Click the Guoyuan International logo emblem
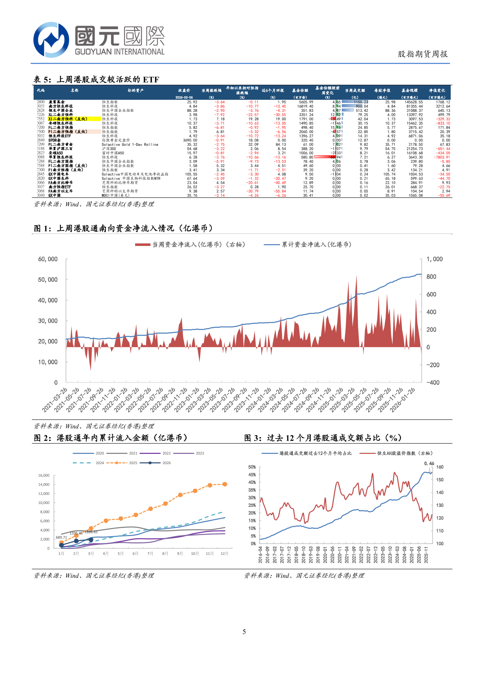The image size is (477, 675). click(x=51, y=39)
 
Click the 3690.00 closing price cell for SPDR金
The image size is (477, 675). click(x=190, y=140)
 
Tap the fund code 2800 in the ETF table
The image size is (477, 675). click(x=41, y=102)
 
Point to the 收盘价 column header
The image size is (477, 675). click(x=184, y=90)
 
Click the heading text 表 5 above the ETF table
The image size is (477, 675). click(x=42, y=79)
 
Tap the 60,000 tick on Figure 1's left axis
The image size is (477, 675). click(x=48, y=259)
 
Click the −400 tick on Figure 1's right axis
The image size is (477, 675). click(x=433, y=382)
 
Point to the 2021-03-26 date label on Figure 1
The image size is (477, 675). click(x=55, y=400)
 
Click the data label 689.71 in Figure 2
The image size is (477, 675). click(x=61, y=538)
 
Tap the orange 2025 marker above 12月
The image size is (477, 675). click(x=225, y=484)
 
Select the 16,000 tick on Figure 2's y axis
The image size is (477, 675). click(x=44, y=475)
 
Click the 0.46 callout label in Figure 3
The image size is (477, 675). click(x=429, y=463)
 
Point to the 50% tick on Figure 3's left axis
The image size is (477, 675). click(x=252, y=467)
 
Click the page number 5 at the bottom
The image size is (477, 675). click(x=244, y=632)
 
